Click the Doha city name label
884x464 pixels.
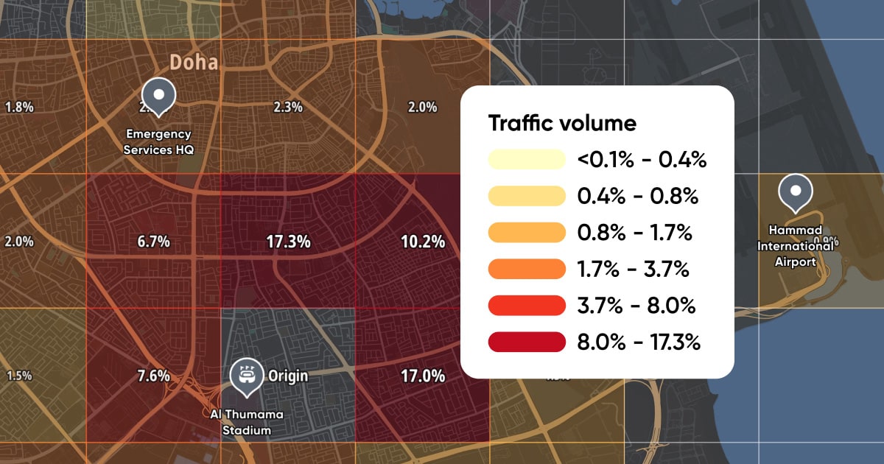[x=194, y=63]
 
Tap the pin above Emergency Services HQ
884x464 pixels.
[x=158, y=95]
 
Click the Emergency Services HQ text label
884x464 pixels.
[x=158, y=141]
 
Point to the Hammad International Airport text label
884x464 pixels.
[x=796, y=247]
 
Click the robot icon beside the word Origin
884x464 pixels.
[x=246, y=374]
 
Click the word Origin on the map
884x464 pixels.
[x=287, y=376]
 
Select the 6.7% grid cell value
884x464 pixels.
[x=154, y=242]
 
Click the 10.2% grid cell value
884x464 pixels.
[x=422, y=242]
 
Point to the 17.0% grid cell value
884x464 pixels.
[x=422, y=376]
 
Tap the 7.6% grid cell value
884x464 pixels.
[x=154, y=376]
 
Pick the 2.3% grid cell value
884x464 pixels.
[x=287, y=108]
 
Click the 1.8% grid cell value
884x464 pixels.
[x=19, y=108]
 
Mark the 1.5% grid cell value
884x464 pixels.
[x=19, y=376]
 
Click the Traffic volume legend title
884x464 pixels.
[x=562, y=123]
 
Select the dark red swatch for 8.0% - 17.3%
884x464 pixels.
[x=526, y=342]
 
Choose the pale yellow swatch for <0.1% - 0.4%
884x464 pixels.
[x=526, y=159]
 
